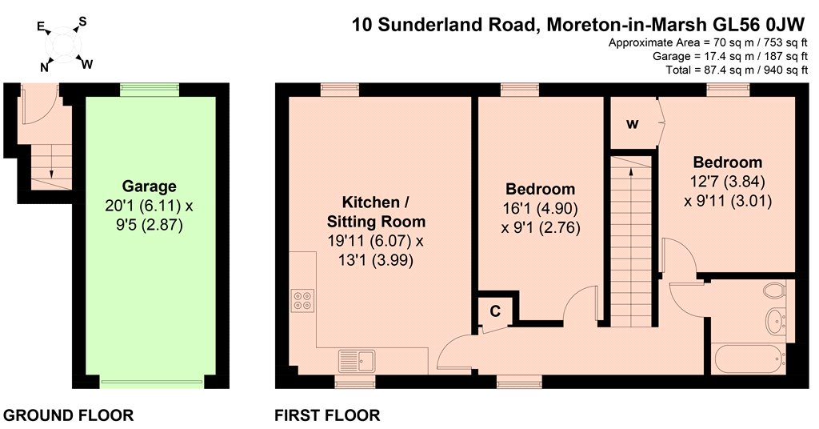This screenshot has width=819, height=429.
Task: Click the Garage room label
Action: click(149, 186)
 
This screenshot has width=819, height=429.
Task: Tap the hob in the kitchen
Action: click(303, 300)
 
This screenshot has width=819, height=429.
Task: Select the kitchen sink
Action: click(357, 361)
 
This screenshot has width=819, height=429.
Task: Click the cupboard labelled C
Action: click(495, 312)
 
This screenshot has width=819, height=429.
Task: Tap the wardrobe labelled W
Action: click(632, 124)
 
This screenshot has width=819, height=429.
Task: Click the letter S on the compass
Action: click(82, 22)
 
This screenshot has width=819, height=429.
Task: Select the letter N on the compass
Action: click(45, 67)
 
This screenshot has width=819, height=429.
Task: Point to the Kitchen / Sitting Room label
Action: click(376, 211)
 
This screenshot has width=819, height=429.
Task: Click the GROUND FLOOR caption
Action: click(69, 415)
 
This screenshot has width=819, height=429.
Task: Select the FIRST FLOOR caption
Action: click(327, 415)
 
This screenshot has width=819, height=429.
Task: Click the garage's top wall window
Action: click(150, 90)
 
